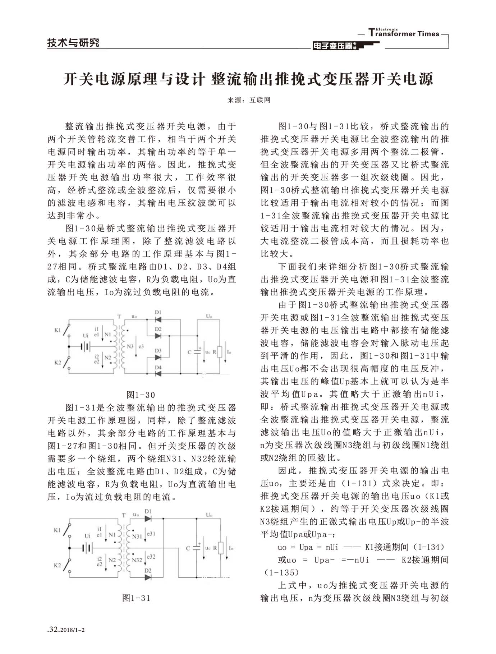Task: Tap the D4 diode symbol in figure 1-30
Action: click(158, 373)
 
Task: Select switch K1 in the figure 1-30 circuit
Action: click(67, 330)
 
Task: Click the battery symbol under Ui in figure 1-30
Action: click(86, 346)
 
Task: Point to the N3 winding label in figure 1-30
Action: click(130, 346)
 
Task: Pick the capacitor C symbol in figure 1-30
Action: click(197, 352)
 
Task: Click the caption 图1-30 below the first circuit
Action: click(141, 395)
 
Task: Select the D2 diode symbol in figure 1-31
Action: click(148, 577)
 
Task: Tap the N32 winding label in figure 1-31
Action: click(137, 560)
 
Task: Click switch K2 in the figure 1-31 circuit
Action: click(66, 564)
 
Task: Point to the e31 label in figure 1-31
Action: click(151, 534)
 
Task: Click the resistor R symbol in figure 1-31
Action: click(221, 548)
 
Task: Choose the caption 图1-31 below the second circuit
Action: click(136, 598)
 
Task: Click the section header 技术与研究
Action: click(73, 43)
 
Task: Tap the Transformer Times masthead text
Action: click(404, 33)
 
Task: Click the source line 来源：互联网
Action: click(248, 100)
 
